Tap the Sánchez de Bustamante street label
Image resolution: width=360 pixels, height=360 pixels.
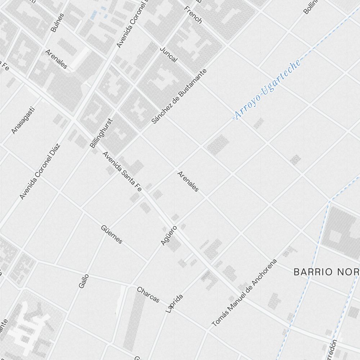click(179, 96)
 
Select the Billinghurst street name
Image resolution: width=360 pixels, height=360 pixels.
click(101, 133)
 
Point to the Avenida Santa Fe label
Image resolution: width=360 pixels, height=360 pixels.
click(122, 171)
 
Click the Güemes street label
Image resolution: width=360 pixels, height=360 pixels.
click(112, 234)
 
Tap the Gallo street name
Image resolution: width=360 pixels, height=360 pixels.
click(83, 281)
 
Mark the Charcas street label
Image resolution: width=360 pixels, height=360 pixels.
click(148, 294)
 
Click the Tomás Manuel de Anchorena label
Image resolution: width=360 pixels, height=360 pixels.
click(244, 293)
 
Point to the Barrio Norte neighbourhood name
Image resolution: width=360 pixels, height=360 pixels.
click(326, 272)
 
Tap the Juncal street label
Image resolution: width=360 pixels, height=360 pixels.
click(168, 54)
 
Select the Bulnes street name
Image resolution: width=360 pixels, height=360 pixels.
click(58, 23)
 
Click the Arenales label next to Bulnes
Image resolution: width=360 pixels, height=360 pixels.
click(56, 59)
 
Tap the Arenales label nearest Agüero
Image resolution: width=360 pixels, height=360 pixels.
click(188, 181)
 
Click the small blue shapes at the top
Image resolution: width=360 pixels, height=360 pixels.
click(98, 14)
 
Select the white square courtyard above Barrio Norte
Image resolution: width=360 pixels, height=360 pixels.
click(334, 236)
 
